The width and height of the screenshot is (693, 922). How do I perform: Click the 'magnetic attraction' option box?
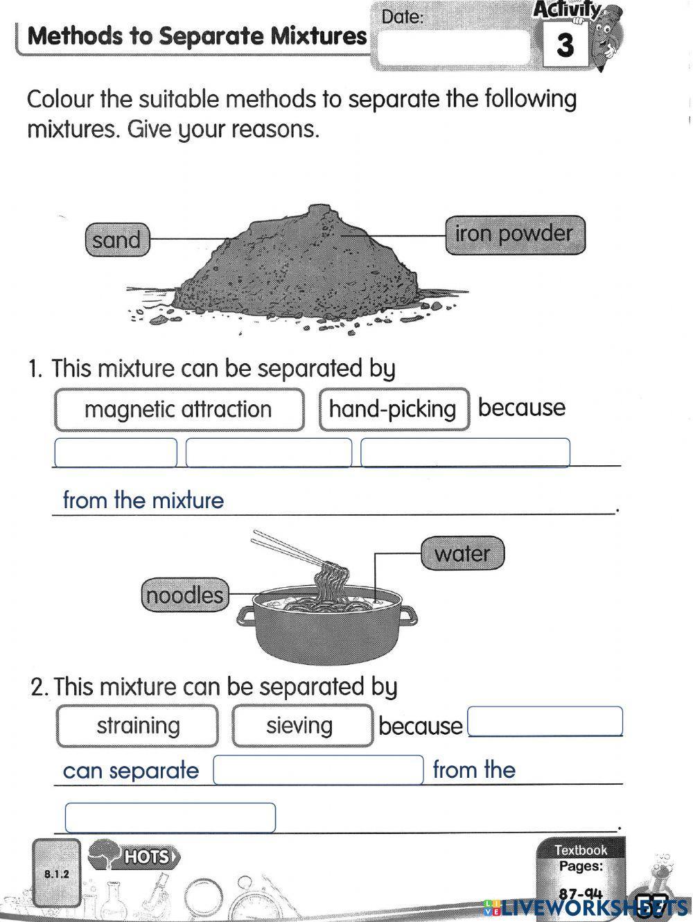pyautogui.click(x=179, y=410)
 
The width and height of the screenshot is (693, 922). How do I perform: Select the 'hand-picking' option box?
pyautogui.click(x=394, y=410)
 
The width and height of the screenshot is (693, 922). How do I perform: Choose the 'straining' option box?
pyautogui.click(x=137, y=726)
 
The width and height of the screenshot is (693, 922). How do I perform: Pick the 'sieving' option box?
pyautogui.click(x=301, y=726)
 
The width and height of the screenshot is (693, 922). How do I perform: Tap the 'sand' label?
pyautogui.click(x=116, y=240)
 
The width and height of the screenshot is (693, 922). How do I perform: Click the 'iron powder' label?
pyautogui.click(x=514, y=234)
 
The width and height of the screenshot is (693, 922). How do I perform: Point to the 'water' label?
pyautogui.click(x=462, y=554)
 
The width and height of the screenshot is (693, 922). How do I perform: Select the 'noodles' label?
pyautogui.click(x=185, y=595)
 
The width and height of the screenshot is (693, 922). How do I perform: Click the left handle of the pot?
pyautogui.click(x=247, y=614)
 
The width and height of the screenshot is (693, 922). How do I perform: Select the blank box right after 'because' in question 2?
pyautogui.click(x=545, y=722)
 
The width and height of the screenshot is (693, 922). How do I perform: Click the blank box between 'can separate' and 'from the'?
pyautogui.click(x=318, y=770)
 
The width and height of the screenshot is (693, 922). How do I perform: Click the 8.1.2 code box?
pyautogui.click(x=57, y=873)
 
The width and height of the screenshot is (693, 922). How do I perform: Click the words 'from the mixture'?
pyautogui.click(x=143, y=501)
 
